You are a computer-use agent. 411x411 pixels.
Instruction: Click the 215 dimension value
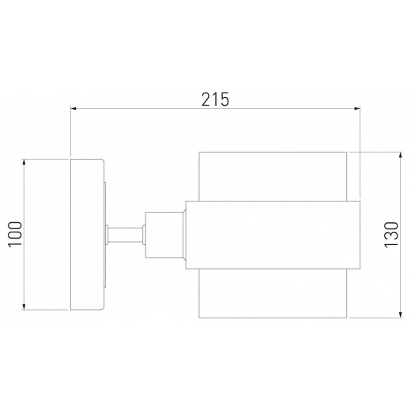click(215, 100)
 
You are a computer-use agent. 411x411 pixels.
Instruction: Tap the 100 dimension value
click(15, 234)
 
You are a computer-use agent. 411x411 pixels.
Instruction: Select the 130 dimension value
click(391, 235)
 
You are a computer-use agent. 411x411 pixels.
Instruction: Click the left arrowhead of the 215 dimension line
click(74, 108)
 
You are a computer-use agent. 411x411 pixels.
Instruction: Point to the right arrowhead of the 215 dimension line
click(357, 108)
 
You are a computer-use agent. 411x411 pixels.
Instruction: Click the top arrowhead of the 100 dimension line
click(24, 162)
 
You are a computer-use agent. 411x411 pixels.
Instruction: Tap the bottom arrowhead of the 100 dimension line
click(24, 307)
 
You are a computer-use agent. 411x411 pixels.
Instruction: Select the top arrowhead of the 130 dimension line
click(401, 155)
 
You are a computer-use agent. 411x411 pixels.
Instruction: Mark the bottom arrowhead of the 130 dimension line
click(401, 315)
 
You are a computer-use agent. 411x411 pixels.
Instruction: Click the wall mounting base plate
click(87, 235)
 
